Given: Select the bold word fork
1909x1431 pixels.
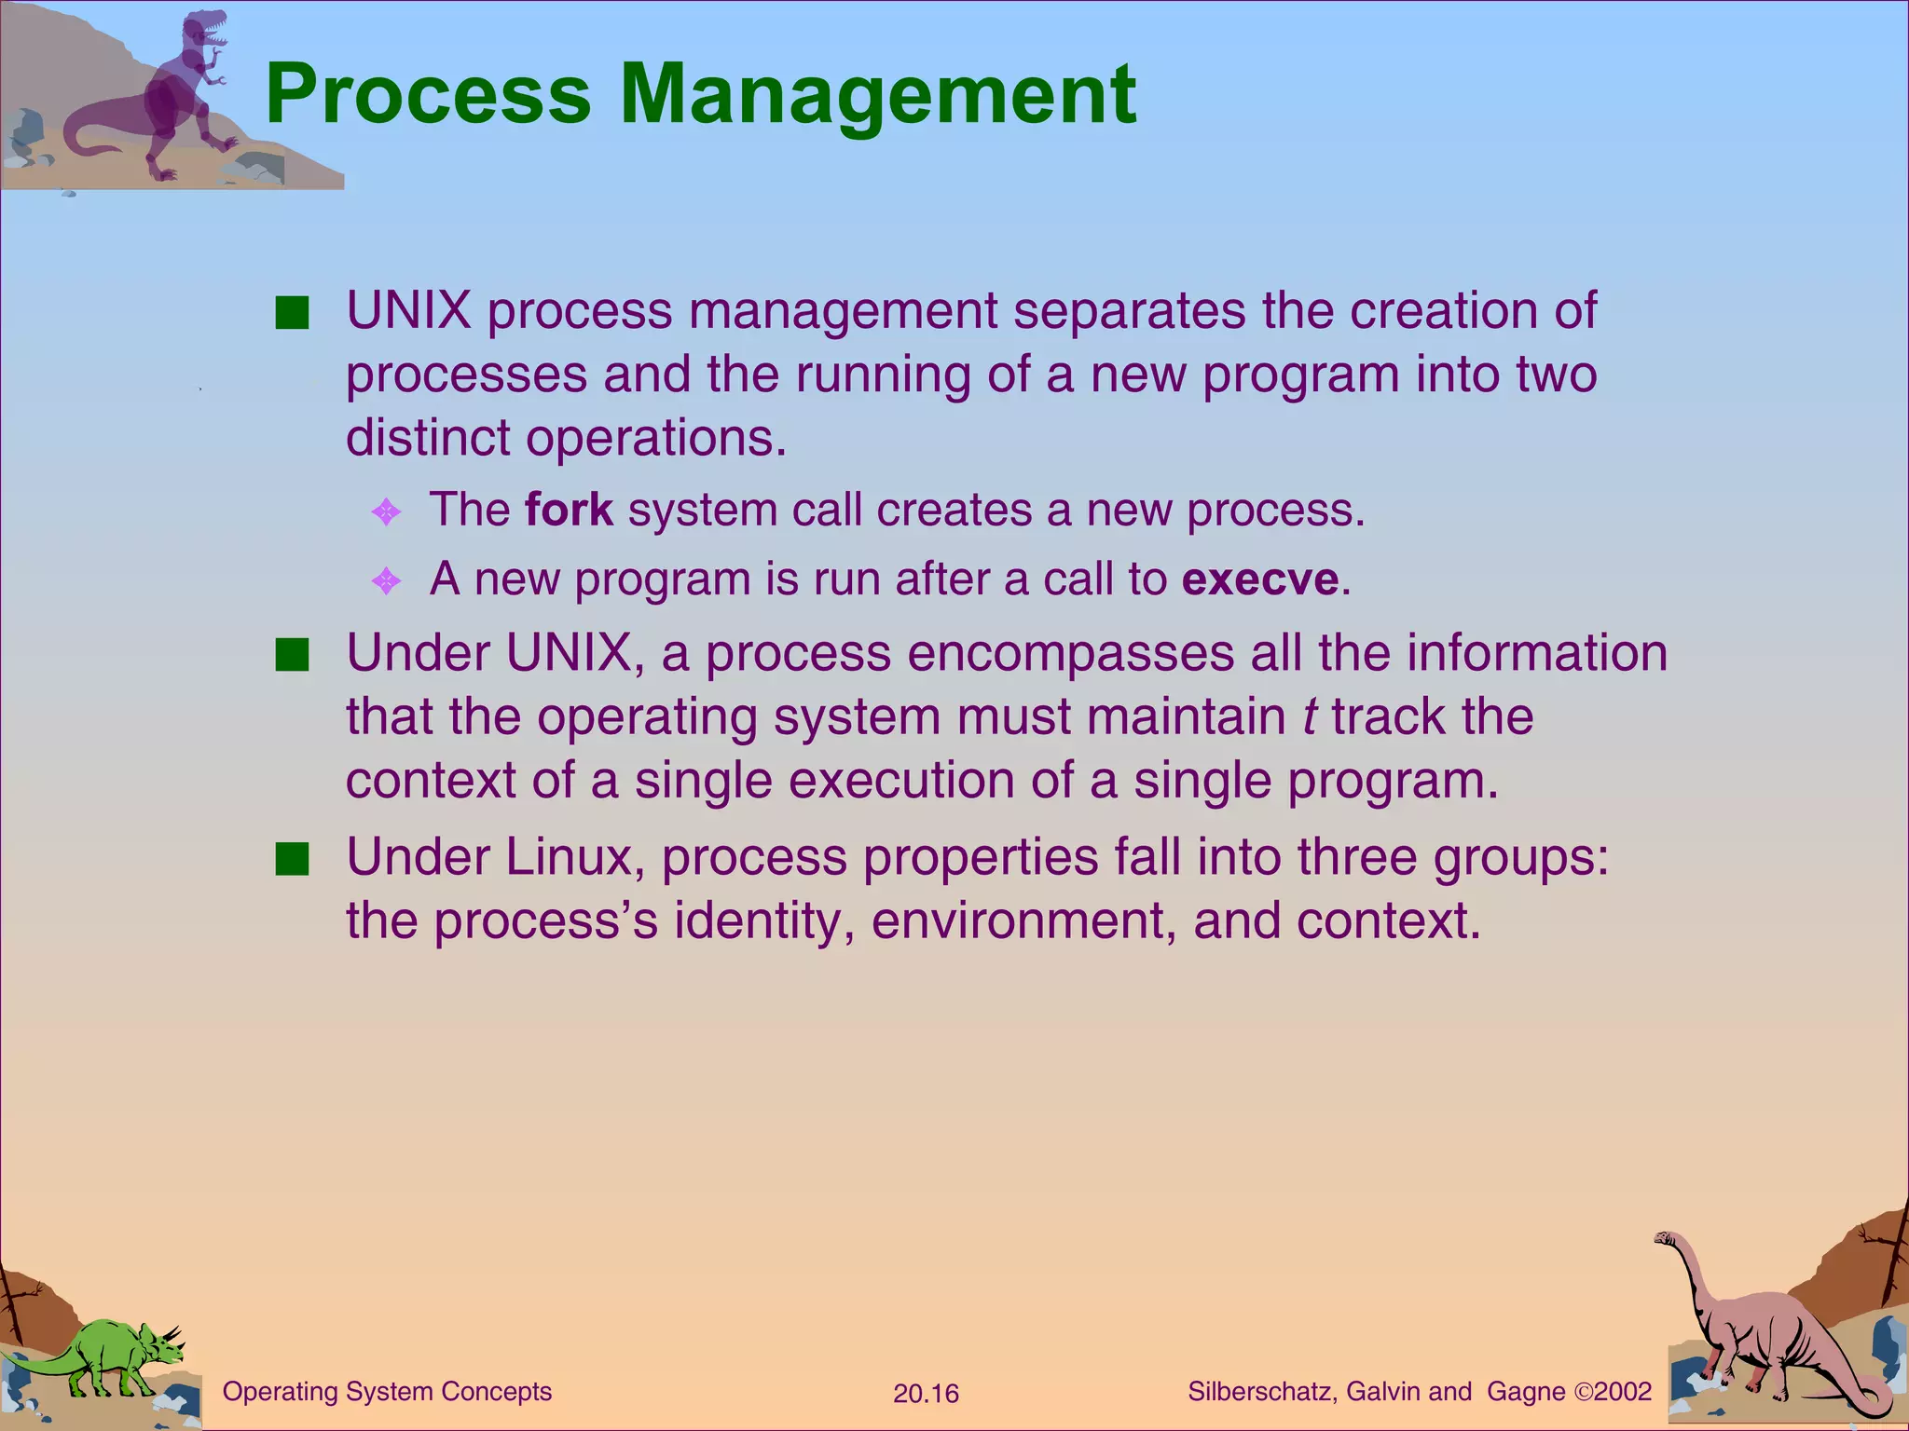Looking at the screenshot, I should tap(569, 510).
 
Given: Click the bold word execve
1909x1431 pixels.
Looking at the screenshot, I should tap(1260, 579).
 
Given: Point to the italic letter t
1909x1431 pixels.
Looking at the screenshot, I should tap(1310, 716).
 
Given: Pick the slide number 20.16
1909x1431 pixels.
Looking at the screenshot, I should tap(926, 1394).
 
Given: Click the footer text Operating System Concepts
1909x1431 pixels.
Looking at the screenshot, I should tap(387, 1391).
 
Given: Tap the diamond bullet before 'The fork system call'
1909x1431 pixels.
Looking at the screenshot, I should tap(386, 511).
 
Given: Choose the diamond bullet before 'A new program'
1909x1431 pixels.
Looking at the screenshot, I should tap(386, 581).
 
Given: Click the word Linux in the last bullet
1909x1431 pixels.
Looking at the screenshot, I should tap(569, 857).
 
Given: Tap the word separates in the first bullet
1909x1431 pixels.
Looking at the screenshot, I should tap(1129, 310).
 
